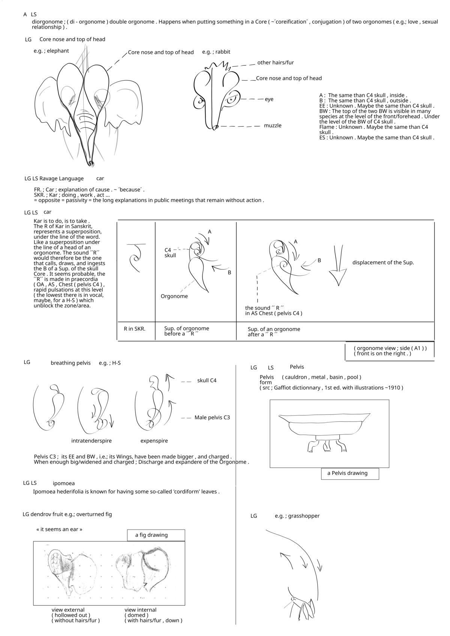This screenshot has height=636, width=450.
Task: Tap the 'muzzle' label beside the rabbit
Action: pos(273,126)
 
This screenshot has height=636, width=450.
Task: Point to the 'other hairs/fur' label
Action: pos(275,63)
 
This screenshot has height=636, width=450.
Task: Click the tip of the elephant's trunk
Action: pos(91,163)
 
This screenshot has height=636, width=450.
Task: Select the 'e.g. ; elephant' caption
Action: pos(51,51)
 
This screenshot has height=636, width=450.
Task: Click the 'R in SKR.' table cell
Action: pos(134,329)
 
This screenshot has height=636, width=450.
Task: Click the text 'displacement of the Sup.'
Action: pos(383,262)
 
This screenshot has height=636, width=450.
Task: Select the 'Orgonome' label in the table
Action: pos(174,296)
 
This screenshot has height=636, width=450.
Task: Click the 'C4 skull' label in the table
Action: pos(170,253)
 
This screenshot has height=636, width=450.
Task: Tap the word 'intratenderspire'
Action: pos(91,441)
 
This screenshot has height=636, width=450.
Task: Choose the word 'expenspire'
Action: pos(154,441)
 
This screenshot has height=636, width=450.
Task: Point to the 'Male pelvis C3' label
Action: pos(212,418)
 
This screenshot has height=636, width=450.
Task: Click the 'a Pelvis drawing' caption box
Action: pos(349,473)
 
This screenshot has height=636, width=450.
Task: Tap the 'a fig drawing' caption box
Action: pos(156,535)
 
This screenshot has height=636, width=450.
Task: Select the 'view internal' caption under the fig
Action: pos(140,610)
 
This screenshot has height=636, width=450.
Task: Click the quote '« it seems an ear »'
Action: pos(59,529)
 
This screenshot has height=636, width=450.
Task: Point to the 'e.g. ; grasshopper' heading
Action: pos(297,516)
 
